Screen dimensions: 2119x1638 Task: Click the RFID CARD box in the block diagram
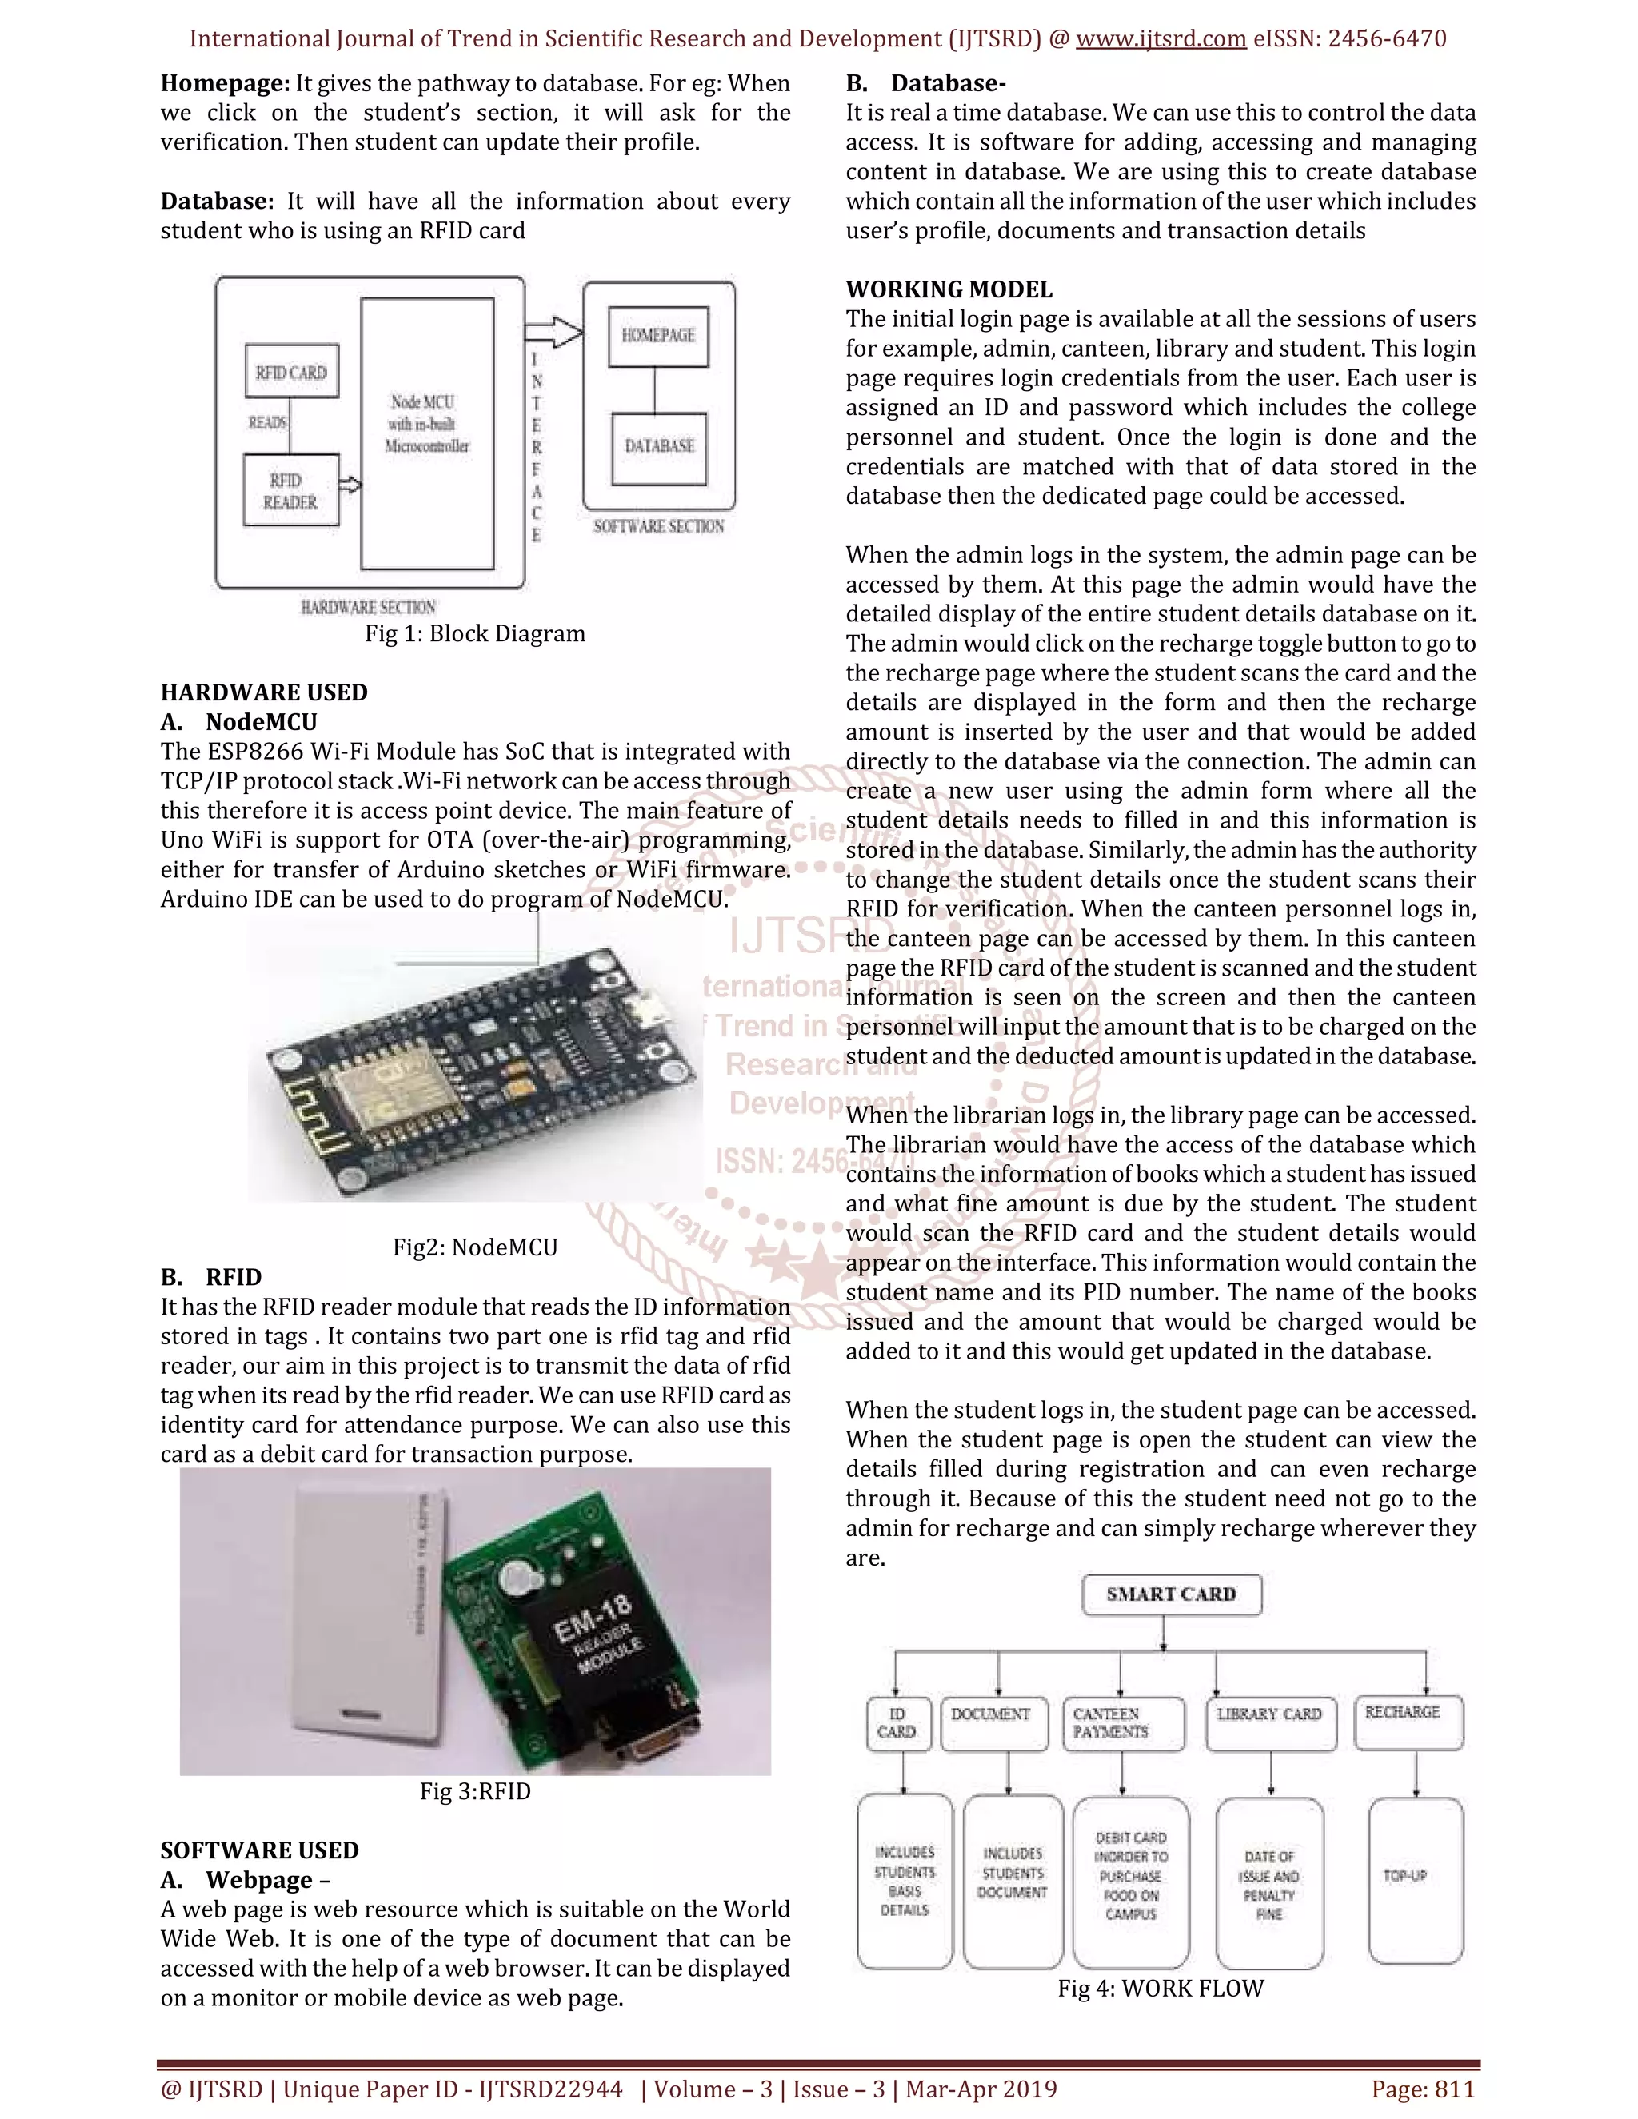coord(291,372)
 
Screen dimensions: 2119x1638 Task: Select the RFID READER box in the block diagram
coord(291,491)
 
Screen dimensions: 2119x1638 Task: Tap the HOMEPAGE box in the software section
coord(659,336)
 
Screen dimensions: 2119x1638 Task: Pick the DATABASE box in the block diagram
coord(660,447)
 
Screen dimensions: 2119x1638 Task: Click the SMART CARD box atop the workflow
coord(1171,1595)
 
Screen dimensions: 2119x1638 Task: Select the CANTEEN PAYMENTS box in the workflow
coord(1124,1724)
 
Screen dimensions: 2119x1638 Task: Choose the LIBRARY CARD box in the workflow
coord(1270,1724)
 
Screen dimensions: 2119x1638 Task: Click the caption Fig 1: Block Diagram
coord(474,633)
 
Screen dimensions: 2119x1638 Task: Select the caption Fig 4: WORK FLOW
coord(1161,1989)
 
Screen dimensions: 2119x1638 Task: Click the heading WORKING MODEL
coord(948,289)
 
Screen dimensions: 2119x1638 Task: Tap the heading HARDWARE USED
coord(264,692)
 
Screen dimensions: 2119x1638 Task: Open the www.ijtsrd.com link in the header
coord(1161,39)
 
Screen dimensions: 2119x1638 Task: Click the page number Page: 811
coord(1423,2089)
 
